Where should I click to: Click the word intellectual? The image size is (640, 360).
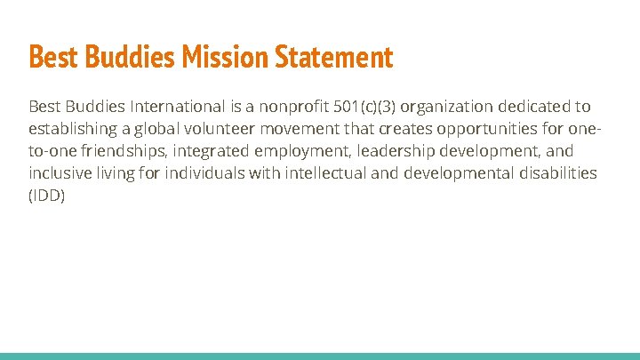pyautogui.click(x=325, y=173)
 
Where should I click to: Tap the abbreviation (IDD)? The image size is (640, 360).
pyautogui.click(x=47, y=196)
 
